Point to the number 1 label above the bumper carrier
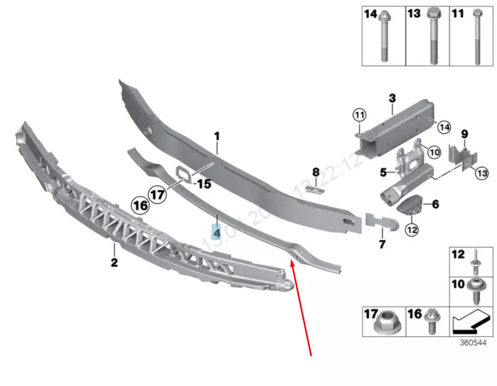click(216, 137)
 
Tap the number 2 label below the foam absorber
click(114, 262)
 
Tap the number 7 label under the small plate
click(382, 245)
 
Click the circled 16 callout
click(141, 205)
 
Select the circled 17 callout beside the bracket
click(157, 194)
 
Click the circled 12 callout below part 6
click(412, 230)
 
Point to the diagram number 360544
click(473, 342)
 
